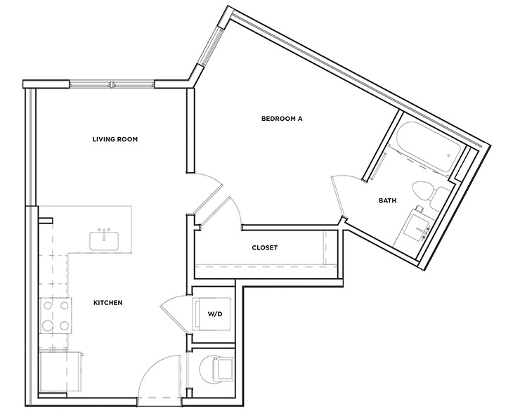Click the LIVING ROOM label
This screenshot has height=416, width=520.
pyautogui.click(x=115, y=139)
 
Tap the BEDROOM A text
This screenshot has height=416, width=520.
pyautogui.click(x=281, y=119)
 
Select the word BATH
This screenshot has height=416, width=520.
pyautogui.click(x=387, y=200)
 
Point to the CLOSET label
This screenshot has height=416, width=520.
pyautogui.click(x=265, y=247)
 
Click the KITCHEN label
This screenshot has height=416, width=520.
pyautogui.click(x=108, y=303)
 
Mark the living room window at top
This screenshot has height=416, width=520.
pyautogui.click(x=111, y=85)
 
